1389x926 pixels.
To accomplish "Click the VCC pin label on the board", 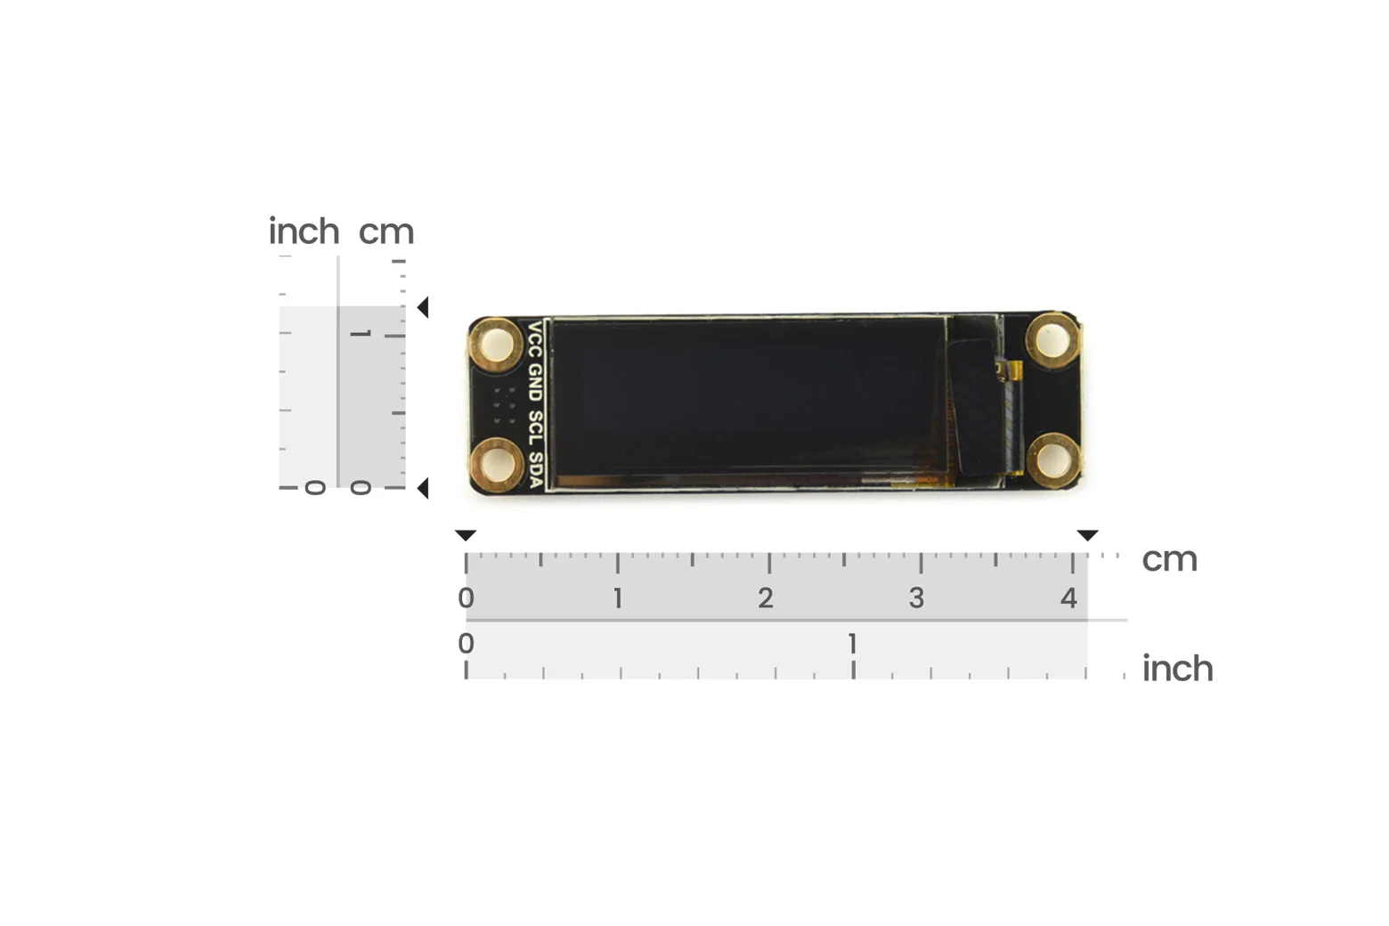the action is click(x=534, y=339).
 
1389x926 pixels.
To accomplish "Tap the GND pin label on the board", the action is click(x=534, y=383).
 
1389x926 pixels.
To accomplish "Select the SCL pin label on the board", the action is click(x=534, y=427).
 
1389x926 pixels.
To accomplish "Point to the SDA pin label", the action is click(x=535, y=469).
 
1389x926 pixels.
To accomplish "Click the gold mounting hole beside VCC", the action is click(x=496, y=345).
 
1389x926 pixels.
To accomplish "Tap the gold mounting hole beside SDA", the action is click(x=496, y=465).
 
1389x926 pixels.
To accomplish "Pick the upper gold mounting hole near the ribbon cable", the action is click(x=1052, y=340).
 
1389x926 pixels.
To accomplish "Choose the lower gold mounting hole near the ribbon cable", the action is click(x=1052, y=459).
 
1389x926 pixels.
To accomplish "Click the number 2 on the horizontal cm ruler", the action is click(x=765, y=598).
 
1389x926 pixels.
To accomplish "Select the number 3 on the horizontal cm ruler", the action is click(x=916, y=598).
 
